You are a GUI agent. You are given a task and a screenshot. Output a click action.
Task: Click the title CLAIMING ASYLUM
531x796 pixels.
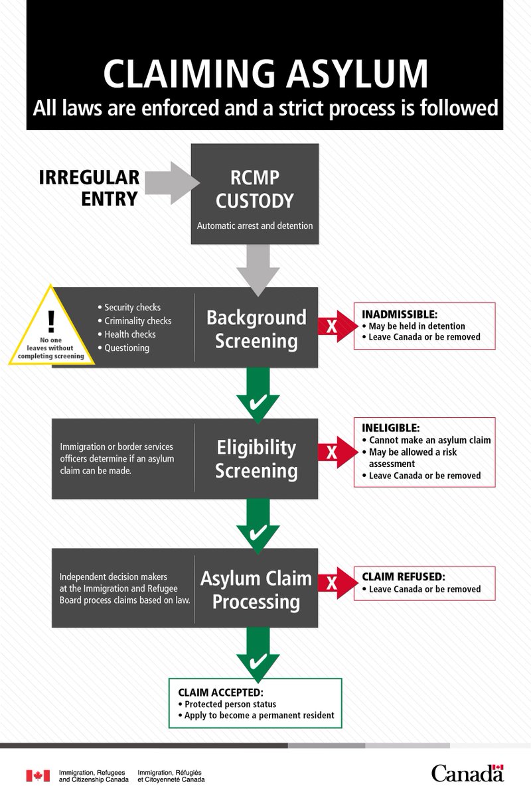point(265,74)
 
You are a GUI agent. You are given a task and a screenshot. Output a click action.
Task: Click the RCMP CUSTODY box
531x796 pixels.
point(255,194)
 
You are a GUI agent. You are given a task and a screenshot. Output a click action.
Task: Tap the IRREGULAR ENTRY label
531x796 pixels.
point(89,188)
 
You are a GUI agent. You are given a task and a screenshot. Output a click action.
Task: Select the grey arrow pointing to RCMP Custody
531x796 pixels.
point(172,183)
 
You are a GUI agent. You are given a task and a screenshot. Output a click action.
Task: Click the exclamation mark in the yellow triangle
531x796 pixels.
point(51,320)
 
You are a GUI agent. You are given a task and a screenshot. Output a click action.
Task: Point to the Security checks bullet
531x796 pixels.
point(129,307)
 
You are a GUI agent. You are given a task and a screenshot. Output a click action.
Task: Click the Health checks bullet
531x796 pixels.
point(127,334)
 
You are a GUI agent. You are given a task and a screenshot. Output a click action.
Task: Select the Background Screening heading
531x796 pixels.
point(256,329)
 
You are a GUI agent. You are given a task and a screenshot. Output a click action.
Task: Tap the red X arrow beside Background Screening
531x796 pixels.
point(338,326)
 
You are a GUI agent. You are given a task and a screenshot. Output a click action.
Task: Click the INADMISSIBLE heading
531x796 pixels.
point(400,314)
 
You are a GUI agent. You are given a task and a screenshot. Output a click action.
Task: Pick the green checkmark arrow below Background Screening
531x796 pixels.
point(258,395)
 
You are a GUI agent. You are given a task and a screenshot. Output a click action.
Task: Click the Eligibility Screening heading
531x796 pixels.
point(256,459)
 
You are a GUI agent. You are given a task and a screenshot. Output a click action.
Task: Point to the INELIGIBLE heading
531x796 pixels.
point(390,428)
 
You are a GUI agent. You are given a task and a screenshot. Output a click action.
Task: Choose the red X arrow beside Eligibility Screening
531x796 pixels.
point(338,452)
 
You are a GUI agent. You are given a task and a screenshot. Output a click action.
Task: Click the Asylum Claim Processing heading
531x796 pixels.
point(256,590)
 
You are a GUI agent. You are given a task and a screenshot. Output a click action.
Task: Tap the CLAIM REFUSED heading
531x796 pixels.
point(404,576)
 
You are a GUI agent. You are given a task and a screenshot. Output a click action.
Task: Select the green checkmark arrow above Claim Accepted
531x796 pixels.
point(258,655)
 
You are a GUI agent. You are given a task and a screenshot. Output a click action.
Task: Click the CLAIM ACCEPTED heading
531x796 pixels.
point(220,693)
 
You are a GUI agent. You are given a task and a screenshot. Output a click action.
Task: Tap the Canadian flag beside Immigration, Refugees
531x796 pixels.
point(38,775)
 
